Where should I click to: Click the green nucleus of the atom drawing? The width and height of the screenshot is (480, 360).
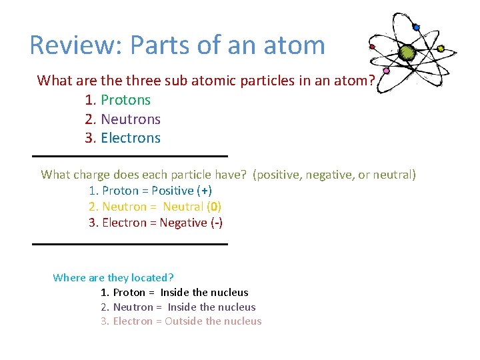pos(407,52)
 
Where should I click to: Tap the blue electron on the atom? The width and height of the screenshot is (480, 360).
pos(416,27)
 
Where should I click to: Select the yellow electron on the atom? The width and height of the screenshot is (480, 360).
pos(441,49)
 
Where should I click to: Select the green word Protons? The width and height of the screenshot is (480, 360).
pos(125,100)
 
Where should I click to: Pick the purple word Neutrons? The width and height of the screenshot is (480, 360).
pos(131,119)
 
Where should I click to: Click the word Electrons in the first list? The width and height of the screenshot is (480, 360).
pos(131,138)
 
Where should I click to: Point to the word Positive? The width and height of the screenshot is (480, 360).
pos(175,191)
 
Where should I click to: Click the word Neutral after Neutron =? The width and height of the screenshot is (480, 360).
pos(183,207)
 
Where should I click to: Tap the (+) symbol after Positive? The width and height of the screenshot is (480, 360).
pos(205,191)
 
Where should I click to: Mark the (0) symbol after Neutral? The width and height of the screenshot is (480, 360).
pos(215,207)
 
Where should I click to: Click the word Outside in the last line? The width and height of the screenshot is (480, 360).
pos(184,321)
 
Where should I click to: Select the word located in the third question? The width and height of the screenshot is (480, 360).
pos(152,277)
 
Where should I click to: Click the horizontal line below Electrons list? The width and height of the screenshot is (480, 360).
pos(130,156)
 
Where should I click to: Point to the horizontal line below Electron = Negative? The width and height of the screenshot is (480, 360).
pos(130,244)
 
